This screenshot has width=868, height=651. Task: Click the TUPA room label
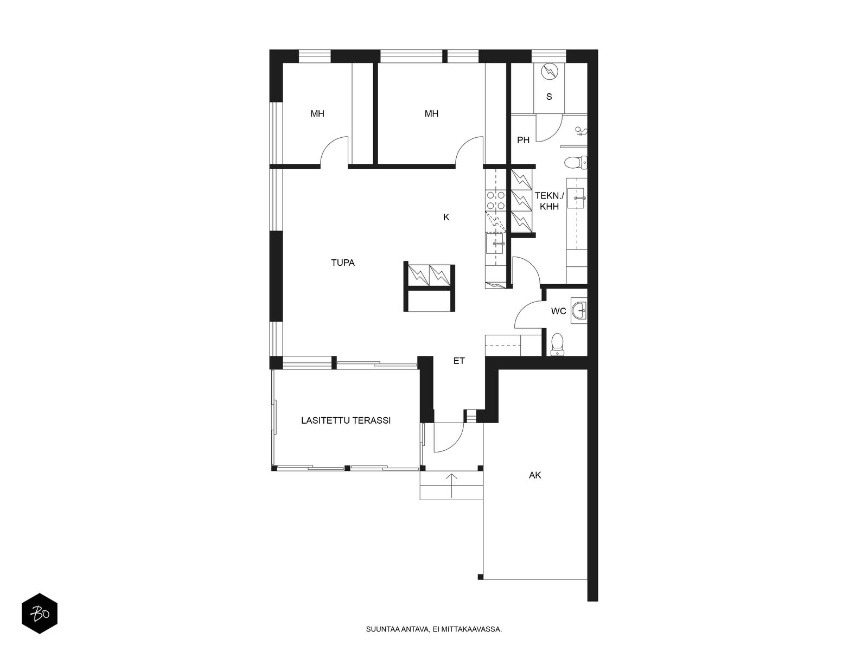342,263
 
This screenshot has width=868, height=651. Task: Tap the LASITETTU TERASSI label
346,420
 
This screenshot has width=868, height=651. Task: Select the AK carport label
535,475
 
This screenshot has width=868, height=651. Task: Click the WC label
558,311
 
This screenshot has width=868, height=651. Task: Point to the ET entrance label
459,361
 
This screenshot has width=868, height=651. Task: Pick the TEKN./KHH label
549,201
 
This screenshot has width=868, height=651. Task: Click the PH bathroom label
523,140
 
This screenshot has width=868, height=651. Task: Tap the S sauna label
549,97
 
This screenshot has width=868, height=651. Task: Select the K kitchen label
446,217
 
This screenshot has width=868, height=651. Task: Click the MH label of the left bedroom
317,114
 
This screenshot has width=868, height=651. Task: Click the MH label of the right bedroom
431,114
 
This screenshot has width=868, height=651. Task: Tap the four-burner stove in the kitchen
495,200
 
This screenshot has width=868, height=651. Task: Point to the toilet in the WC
557,343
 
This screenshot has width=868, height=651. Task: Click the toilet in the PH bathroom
576,162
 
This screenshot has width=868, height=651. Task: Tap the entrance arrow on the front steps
451,486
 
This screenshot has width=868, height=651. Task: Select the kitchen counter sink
494,243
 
